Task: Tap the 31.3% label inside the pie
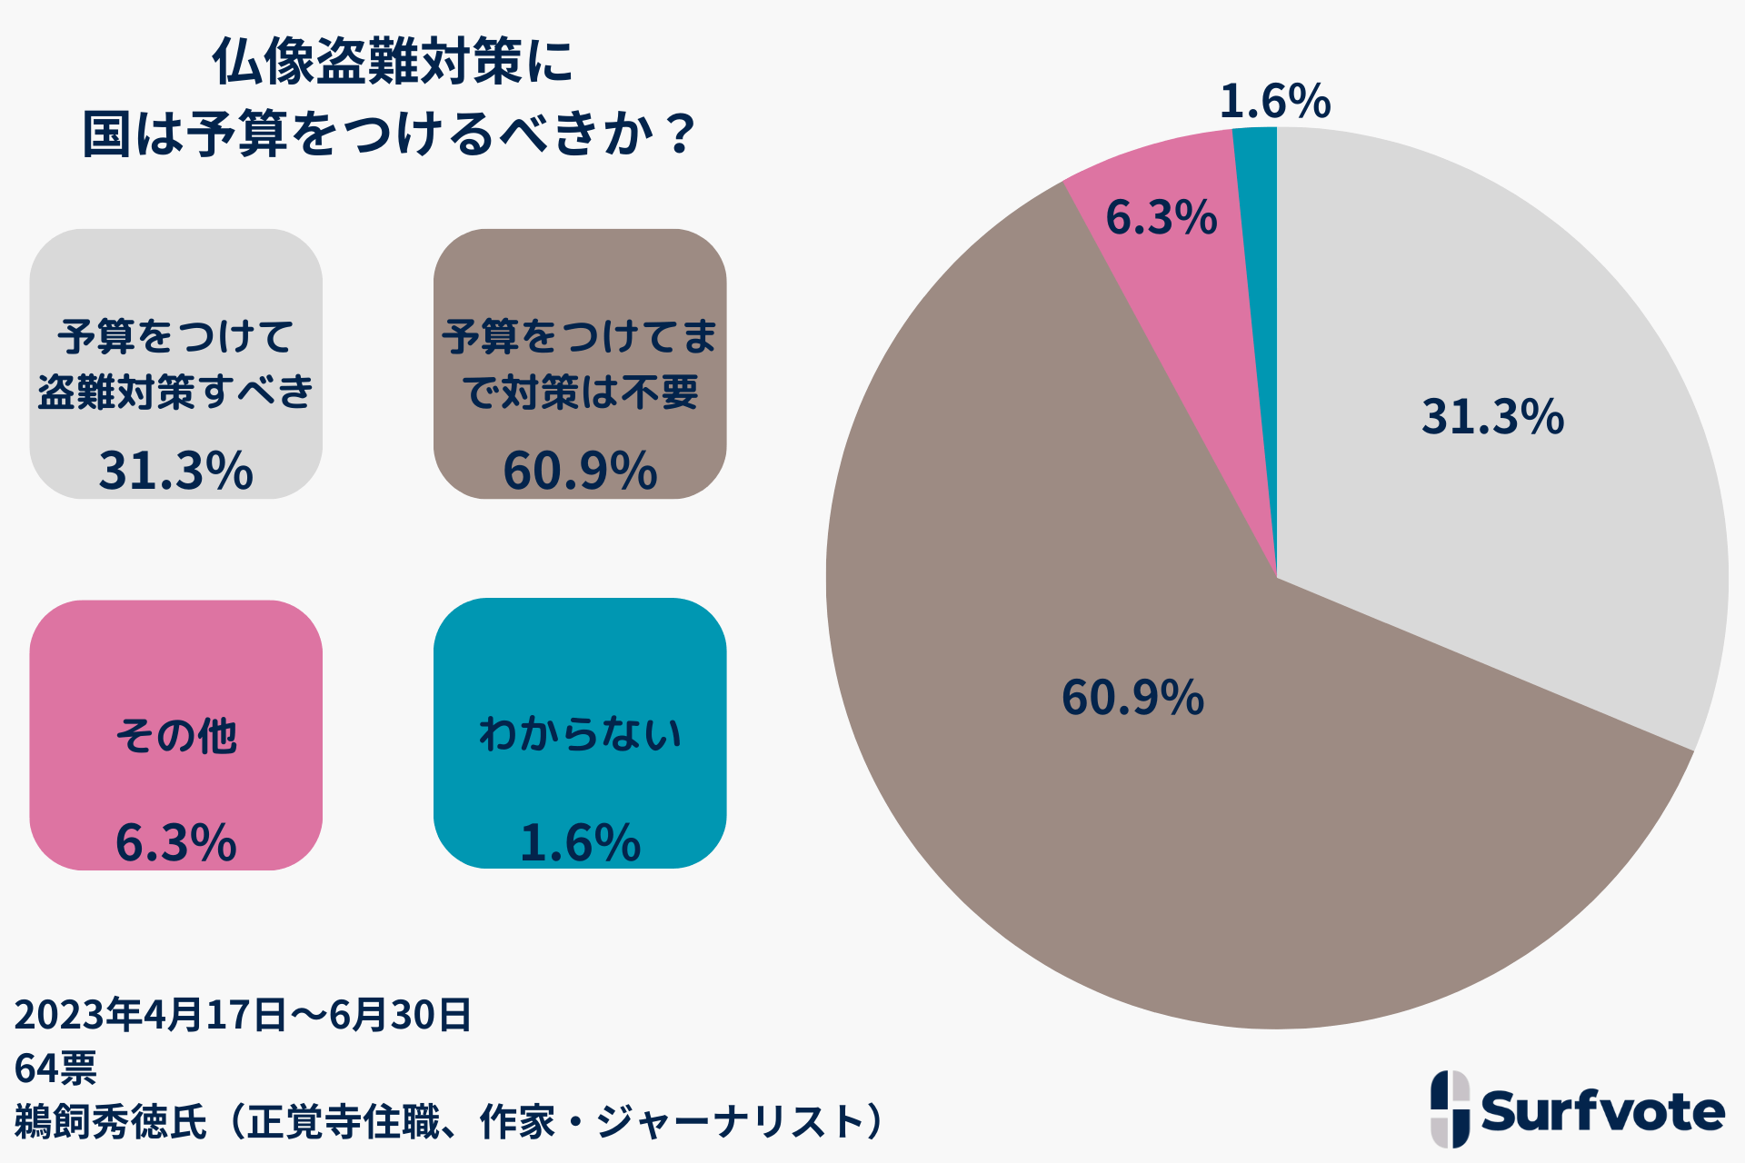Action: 1492,417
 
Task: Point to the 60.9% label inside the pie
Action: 1132,698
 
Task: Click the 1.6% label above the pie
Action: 1274,101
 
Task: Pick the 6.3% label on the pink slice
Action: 1161,218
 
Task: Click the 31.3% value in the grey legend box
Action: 175,471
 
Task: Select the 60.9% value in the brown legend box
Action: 580,471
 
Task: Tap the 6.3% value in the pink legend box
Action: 175,842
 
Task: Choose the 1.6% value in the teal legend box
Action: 580,842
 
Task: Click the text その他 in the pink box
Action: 175,735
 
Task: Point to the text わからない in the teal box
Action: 580,733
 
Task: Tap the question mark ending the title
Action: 679,134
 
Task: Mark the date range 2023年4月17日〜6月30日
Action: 243,1014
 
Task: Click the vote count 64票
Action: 55,1069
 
